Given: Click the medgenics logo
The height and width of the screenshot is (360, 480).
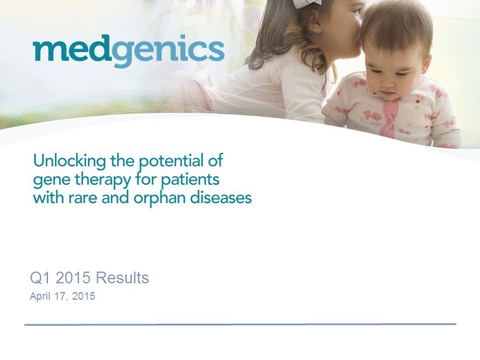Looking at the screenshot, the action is (129, 51).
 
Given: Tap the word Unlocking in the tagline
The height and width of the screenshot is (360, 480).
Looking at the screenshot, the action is (70, 161).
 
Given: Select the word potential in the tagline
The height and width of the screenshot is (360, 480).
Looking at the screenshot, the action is (172, 162).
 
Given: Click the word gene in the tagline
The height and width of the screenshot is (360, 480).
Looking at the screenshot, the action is (52, 180).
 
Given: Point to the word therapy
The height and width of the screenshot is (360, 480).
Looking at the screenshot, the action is (103, 180).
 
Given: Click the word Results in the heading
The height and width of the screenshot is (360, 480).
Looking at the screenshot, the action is (122, 278).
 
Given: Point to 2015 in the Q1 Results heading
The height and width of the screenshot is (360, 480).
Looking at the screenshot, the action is (74, 278).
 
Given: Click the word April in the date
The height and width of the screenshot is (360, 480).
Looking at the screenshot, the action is (40, 296).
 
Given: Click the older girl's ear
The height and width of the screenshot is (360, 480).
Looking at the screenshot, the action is (313, 23).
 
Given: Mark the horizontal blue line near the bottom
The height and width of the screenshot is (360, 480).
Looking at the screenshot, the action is (241, 324).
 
